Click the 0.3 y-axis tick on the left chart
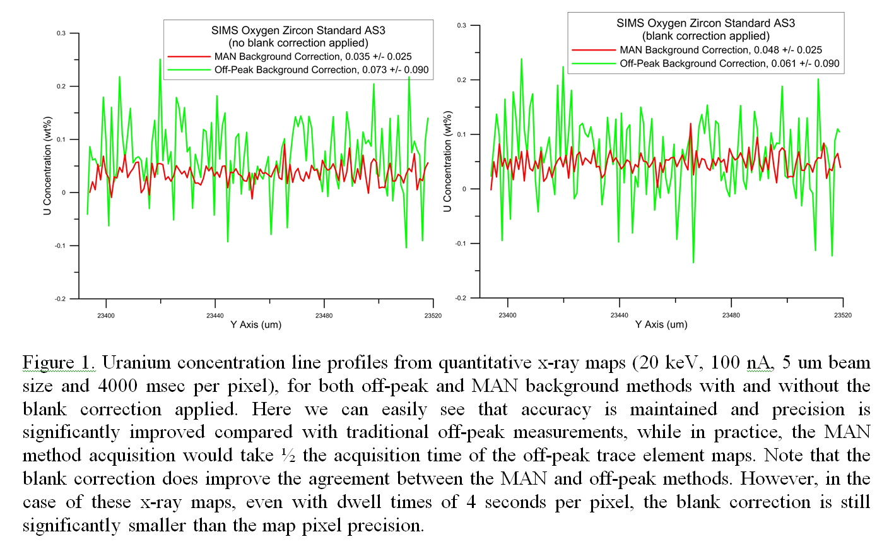[61, 33]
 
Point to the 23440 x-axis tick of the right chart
[620, 314]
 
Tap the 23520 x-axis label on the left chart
[433, 315]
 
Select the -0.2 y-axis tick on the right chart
[461, 298]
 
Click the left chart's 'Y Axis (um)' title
[256, 324]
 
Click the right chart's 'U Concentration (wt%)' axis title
[447, 161]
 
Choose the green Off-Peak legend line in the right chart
[593, 63]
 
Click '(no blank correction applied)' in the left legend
[298, 43]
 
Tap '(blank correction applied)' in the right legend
[705, 36]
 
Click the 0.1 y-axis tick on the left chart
[61, 139]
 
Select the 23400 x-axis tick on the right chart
[507, 314]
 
